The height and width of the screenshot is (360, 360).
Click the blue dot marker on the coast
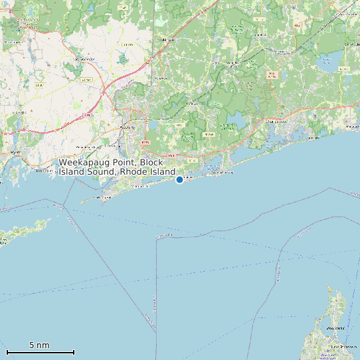click(x=179, y=179)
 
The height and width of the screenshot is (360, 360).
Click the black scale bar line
click(x=40, y=352)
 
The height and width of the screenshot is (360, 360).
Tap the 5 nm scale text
click(x=39, y=345)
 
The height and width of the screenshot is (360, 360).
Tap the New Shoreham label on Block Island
click(x=340, y=347)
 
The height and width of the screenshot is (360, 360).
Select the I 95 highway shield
click(x=87, y=115)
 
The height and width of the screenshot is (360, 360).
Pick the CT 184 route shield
click(x=86, y=79)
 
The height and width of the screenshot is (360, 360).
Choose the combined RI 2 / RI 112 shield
click(x=271, y=74)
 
